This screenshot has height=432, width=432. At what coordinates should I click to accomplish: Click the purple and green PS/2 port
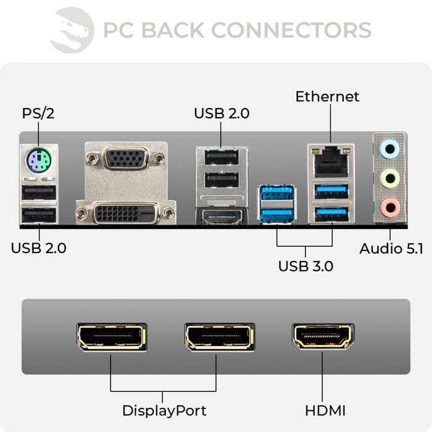(38, 163)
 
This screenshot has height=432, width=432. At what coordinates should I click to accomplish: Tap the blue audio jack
(389, 149)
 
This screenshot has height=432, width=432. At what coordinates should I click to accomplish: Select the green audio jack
(389, 179)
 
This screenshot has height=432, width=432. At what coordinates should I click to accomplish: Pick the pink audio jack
(389, 208)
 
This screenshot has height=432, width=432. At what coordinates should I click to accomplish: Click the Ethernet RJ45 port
(331, 162)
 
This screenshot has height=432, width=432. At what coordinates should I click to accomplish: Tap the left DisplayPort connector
(111, 336)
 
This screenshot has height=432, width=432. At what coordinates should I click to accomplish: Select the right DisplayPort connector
(219, 336)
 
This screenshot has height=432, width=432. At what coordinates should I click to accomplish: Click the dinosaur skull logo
(72, 30)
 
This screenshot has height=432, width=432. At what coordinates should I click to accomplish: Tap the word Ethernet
(327, 97)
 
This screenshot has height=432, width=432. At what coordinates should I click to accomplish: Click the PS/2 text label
(38, 114)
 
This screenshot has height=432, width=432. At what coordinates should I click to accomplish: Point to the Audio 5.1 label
(391, 249)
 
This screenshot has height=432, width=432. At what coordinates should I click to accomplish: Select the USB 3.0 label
(305, 266)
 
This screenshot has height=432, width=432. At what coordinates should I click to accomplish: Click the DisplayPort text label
(164, 410)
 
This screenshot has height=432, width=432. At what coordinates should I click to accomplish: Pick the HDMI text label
(325, 410)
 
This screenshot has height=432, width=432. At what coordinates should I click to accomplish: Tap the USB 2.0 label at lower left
(38, 248)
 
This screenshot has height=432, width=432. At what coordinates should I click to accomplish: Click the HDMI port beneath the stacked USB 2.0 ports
(221, 217)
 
